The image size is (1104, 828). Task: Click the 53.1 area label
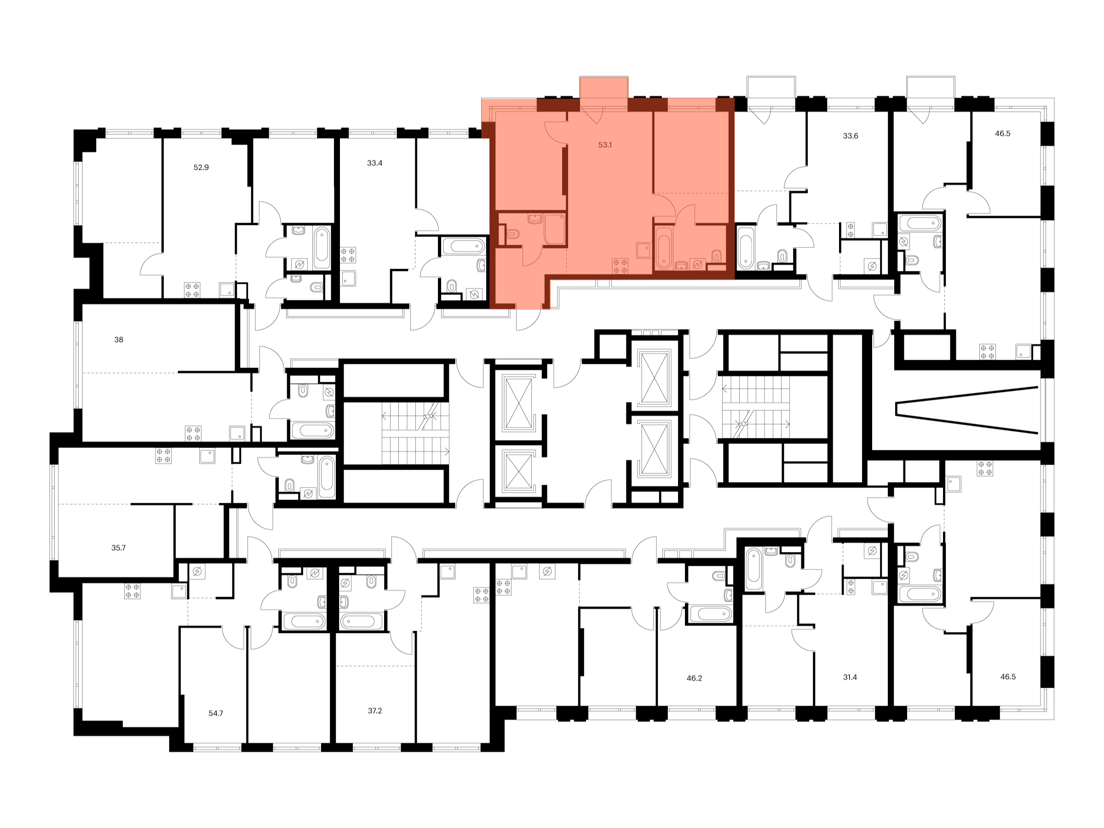(605, 145)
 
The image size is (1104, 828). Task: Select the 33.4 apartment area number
(375, 163)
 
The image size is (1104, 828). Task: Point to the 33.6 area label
(851, 136)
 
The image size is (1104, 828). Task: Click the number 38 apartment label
(119, 340)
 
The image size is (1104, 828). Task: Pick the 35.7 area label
(118, 548)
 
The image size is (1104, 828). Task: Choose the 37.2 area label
(375, 711)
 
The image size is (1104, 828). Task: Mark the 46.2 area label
(694, 679)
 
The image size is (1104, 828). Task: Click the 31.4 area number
(850, 678)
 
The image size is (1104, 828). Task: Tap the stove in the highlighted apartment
(621, 266)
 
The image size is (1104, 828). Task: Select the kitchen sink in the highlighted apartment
(644, 250)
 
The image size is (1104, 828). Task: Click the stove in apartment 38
(193, 433)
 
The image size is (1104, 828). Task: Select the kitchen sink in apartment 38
(237, 433)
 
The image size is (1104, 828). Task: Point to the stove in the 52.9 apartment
(192, 290)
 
